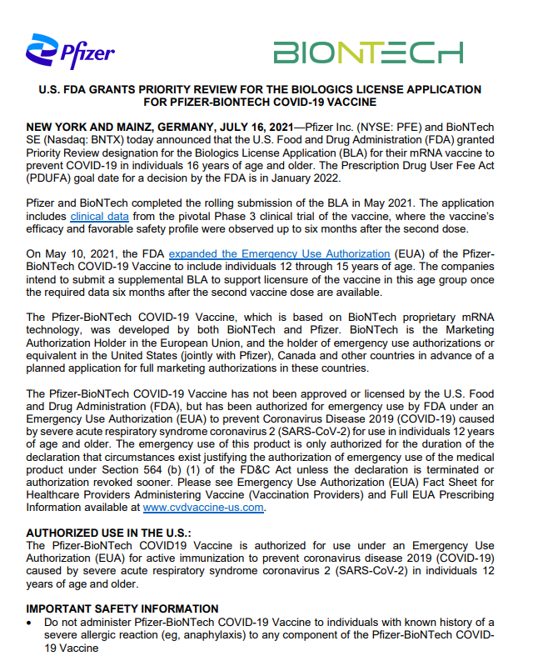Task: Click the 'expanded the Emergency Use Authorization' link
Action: pos(279,253)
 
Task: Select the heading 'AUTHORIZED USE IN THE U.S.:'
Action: pos(108,532)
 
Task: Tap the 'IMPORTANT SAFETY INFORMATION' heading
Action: pos(122,608)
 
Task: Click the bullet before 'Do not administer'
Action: pos(30,623)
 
